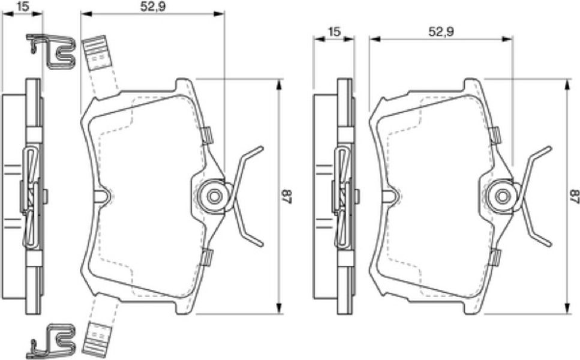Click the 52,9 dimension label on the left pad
pyautogui.click(x=152, y=7)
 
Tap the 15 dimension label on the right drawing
pyautogui.click(x=333, y=32)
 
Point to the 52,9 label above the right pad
pyautogui.click(x=441, y=32)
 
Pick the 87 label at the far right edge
pyautogui.click(x=574, y=196)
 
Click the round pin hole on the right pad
pyautogui.click(x=502, y=196)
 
